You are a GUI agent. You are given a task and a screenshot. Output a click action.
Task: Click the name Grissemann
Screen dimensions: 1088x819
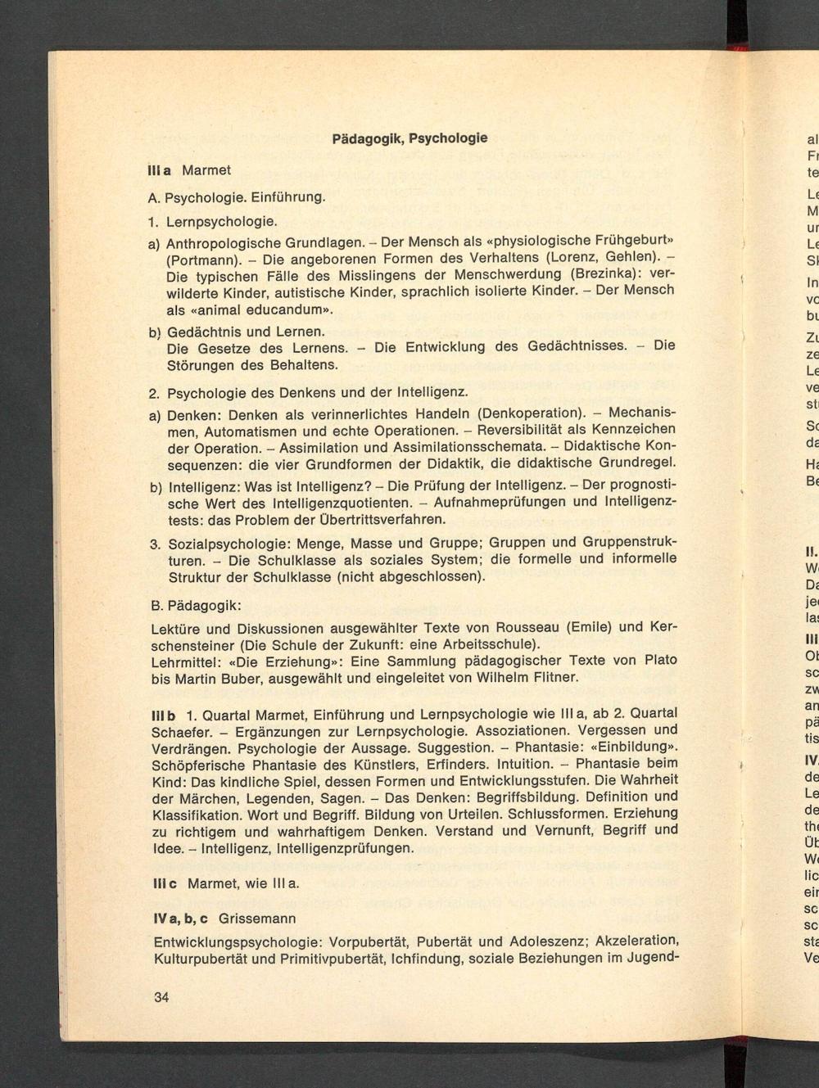257,919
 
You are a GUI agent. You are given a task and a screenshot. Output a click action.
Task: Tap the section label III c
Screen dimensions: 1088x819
165,884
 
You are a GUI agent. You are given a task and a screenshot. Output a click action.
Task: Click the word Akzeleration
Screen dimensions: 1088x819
636,939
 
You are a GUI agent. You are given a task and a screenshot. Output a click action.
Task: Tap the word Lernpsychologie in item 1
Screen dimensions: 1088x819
222,222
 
